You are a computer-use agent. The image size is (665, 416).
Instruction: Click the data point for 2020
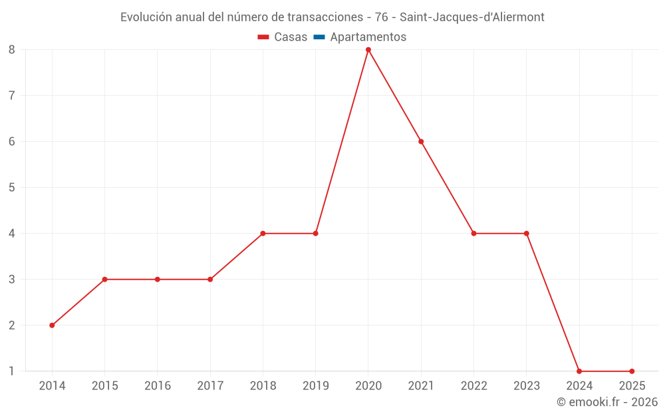(x=368, y=50)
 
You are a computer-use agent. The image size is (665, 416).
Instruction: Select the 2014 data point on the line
(x=52, y=325)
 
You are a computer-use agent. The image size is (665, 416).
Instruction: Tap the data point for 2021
(x=421, y=142)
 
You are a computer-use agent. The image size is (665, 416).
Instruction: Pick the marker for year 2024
(x=579, y=371)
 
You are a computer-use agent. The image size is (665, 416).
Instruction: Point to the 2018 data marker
(x=263, y=234)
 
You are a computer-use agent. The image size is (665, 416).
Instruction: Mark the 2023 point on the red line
(x=527, y=234)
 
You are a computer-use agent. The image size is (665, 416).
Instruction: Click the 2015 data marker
(x=104, y=280)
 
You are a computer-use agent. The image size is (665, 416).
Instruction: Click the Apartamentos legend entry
(x=368, y=37)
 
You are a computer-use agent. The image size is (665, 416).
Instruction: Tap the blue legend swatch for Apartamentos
(x=319, y=37)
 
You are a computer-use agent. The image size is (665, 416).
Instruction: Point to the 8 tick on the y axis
(x=12, y=50)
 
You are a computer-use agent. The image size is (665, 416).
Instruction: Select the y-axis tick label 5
(x=12, y=188)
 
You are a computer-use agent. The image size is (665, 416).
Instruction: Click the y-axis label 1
(x=12, y=371)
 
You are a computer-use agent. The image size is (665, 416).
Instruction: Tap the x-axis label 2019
(x=316, y=386)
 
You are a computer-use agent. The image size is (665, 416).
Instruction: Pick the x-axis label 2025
(x=632, y=386)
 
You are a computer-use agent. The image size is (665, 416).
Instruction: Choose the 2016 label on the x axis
(x=158, y=386)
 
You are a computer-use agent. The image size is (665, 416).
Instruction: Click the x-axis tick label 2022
(x=473, y=386)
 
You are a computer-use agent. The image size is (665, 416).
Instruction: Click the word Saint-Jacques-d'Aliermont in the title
(x=472, y=17)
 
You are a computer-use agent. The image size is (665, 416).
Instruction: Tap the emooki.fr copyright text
(x=607, y=402)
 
